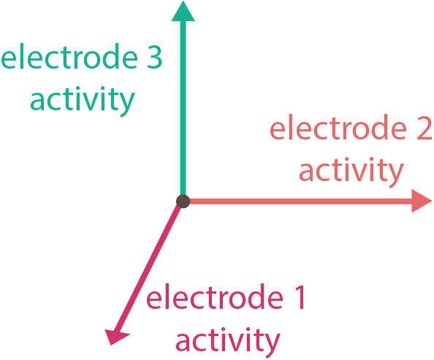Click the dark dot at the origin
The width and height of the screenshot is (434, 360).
pyautogui.click(x=183, y=201)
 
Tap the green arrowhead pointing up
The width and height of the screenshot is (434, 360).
pyautogui.click(x=183, y=12)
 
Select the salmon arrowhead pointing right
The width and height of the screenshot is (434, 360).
pyautogui.click(x=421, y=201)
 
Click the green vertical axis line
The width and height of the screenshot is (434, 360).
pyautogui.click(x=183, y=108)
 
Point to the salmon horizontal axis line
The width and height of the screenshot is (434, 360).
pyautogui.click(x=300, y=201)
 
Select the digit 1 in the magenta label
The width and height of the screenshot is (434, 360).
pyautogui.click(x=300, y=297)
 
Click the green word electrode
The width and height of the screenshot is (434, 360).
pyautogui.click(x=69, y=56)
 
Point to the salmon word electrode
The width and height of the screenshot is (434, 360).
pyautogui.click(x=338, y=127)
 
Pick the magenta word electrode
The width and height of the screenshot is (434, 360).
pyautogui.click(x=215, y=296)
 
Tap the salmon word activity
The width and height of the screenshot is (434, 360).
pyautogui.click(x=351, y=172)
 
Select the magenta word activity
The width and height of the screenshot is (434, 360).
pyautogui.click(x=228, y=342)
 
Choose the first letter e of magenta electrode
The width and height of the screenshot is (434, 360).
pyautogui.click(x=154, y=299)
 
